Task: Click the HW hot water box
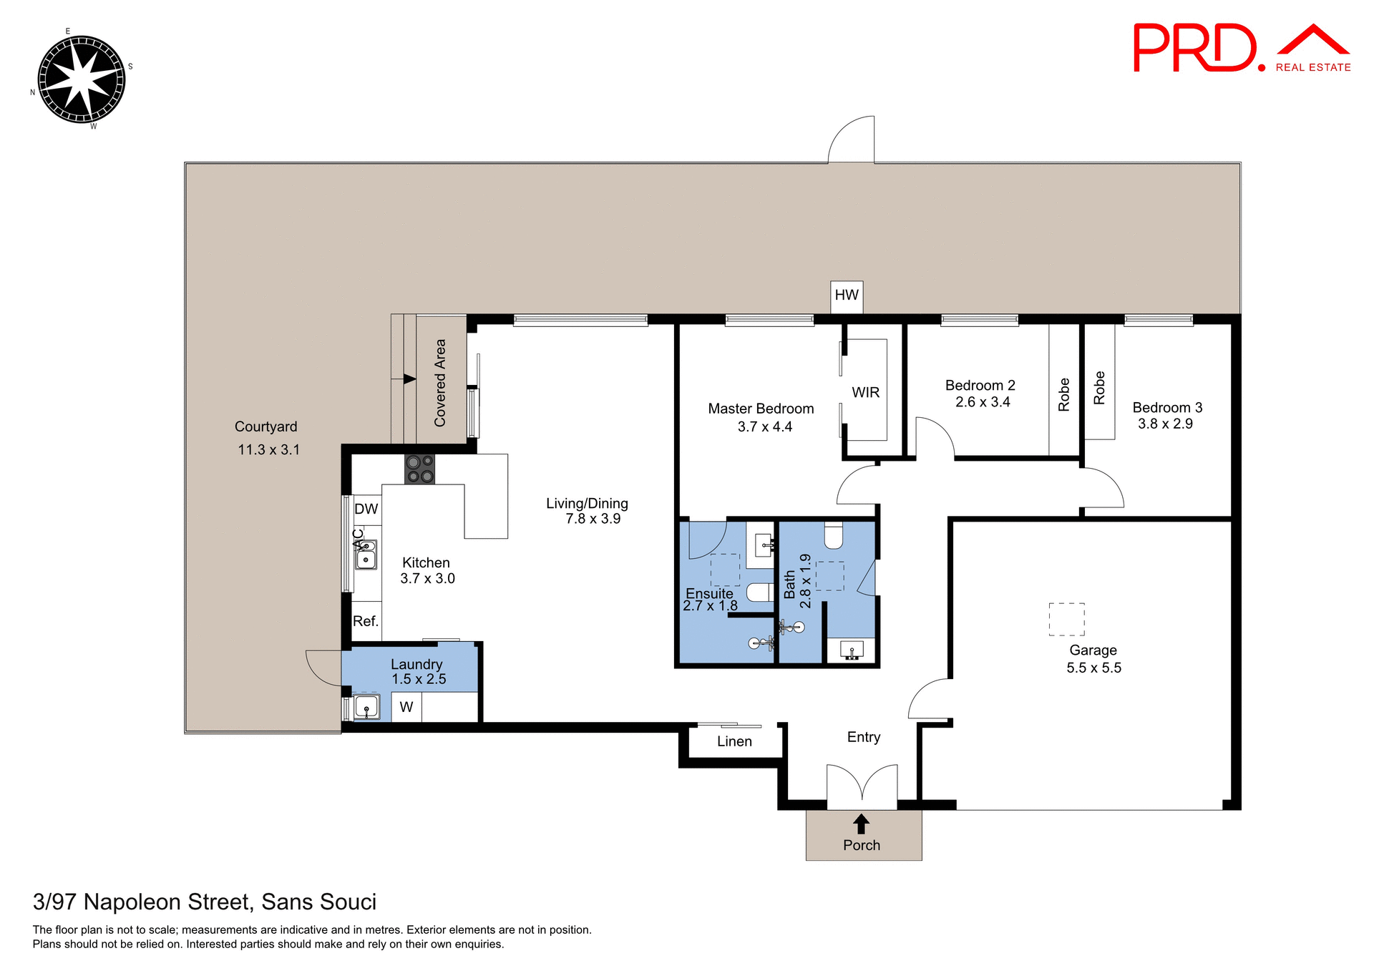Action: [x=847, y=296]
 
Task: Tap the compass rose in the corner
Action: [x=81, y=79]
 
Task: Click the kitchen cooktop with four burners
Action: [x=419, y=469]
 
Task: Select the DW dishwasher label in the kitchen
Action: [x=366, y=509]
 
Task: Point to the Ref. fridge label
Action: [x=365, y=621]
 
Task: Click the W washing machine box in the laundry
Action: [x=406, y=707]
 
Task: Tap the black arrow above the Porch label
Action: [x=862, y=824]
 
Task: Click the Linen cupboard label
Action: [x=734, y=741]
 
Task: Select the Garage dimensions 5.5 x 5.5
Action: [x=1093, y=668]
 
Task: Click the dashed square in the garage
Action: [x=1066, y=619]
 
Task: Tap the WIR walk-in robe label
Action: [x=865, y=392]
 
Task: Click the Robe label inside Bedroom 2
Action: [x=1063, y=394]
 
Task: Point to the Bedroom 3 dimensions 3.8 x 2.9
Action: [x=1165, y=424]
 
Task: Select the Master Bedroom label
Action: [x=761, y=409]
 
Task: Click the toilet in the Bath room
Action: [x=834, y=535]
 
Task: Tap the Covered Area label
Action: [x=440, y=383]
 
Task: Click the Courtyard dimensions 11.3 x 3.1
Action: [x=268, y=450]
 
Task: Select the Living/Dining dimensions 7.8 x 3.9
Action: [x=593, y=519]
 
